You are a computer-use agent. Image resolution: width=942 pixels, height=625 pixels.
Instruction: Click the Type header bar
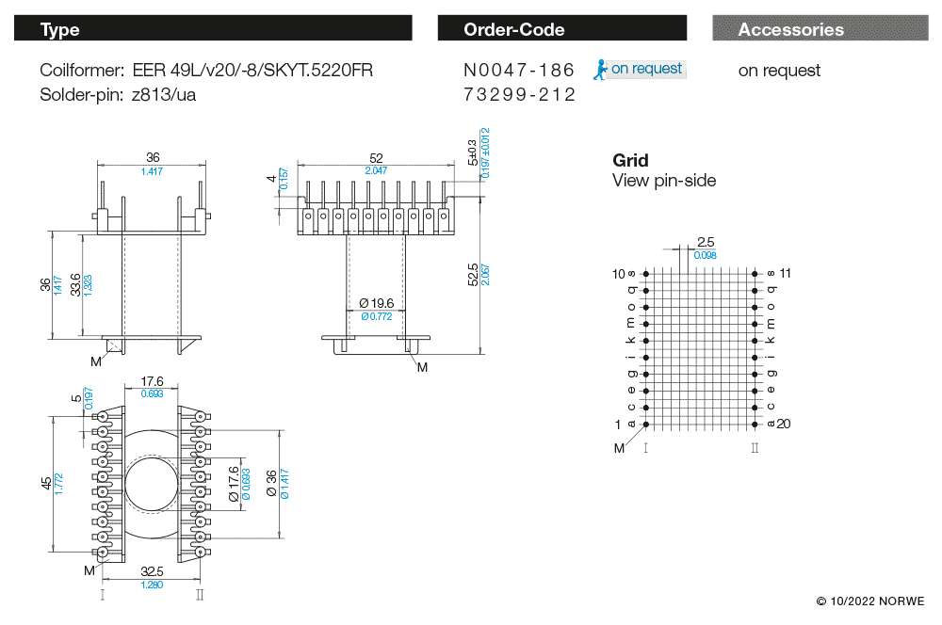[x=213, y=29]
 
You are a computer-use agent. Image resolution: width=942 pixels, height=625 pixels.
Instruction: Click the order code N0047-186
[x=518, y=70]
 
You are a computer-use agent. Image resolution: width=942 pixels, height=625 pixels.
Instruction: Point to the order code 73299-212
[x=518, y=95]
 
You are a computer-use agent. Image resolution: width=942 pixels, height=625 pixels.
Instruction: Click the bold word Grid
[x=630, y=161]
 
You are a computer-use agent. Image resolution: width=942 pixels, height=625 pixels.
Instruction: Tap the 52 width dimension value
[x=376, y=158]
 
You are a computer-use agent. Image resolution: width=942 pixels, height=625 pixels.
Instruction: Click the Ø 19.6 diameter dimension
[x=375, y=303]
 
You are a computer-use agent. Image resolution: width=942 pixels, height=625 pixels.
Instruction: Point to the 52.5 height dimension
[x=472, y=274]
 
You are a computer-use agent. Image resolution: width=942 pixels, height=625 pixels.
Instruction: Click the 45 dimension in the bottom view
[x=46, y=483]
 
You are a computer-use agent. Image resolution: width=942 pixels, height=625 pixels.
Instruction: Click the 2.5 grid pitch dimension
[x=706, y=242]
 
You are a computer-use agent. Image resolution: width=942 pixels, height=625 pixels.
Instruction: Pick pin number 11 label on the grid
[x=786, y=273]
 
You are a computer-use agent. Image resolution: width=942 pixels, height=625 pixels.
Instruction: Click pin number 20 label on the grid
[x=784, y=424]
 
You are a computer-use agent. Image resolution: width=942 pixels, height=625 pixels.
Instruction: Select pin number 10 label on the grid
[x=619, y=274]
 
